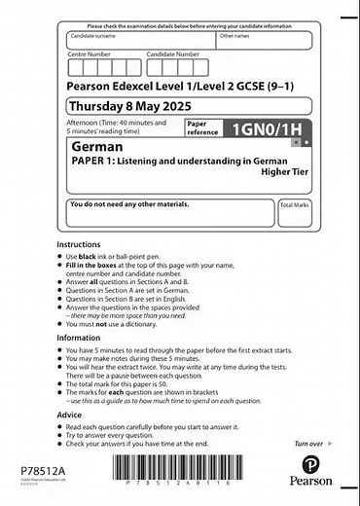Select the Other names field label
tap(234, 36)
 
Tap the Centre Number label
tap(89, 54)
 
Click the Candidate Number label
tap(172, 54)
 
